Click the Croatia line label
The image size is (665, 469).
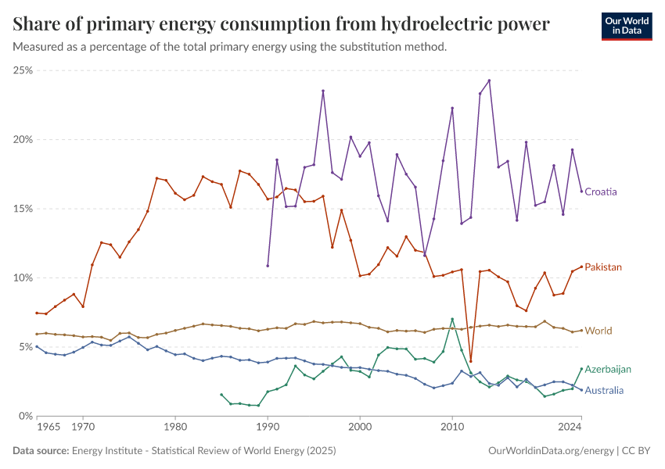tap(601, 192)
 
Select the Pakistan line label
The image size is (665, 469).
tap(603, 267)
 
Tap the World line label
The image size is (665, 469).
tap(598, 331)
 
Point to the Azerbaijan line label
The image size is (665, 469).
tap(608, 369)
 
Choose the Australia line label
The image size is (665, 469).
tap(605, 390)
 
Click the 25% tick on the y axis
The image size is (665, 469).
tap(23, 70)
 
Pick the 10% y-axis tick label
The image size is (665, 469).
tap(23, 278)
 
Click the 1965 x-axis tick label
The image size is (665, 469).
tap(49, 428)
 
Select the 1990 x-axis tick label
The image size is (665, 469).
tap(268, 428)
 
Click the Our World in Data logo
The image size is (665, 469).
tap(627, 26)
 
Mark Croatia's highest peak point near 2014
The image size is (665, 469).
tap(489, 81)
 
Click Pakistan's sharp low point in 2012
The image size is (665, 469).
tap(470, 361)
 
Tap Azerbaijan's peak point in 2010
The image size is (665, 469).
tap(452, 319)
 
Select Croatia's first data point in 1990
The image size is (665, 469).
tap(268, 266)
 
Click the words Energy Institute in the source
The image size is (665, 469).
tap(106, 451)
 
